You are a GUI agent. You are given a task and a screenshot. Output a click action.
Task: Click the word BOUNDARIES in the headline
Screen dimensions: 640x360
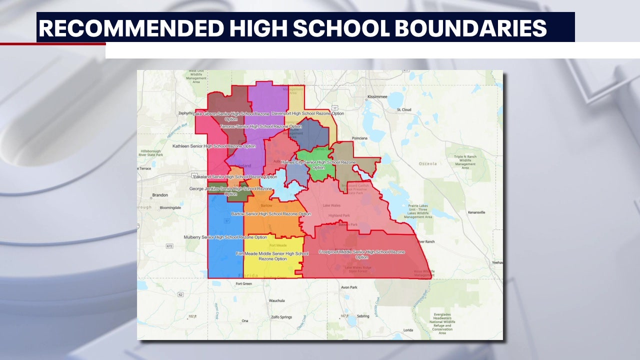point(470,28)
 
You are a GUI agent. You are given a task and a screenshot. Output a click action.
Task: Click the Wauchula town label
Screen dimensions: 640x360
point(276,300)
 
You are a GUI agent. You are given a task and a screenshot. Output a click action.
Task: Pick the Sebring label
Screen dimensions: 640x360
point(363,316)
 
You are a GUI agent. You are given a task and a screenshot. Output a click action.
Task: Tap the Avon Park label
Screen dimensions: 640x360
point(348,287)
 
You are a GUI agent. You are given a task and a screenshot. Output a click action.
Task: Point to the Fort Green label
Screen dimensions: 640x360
point(243,283)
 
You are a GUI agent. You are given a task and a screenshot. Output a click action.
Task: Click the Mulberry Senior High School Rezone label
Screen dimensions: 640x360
point(225,237)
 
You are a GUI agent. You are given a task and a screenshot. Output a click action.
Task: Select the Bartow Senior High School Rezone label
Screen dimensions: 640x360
point(271,214)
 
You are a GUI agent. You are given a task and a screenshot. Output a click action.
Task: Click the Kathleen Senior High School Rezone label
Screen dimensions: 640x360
point(214,146)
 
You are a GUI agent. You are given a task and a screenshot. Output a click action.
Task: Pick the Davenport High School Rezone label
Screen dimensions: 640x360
point(307,113)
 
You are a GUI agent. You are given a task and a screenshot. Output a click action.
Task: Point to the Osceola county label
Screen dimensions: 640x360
point(427,163)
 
